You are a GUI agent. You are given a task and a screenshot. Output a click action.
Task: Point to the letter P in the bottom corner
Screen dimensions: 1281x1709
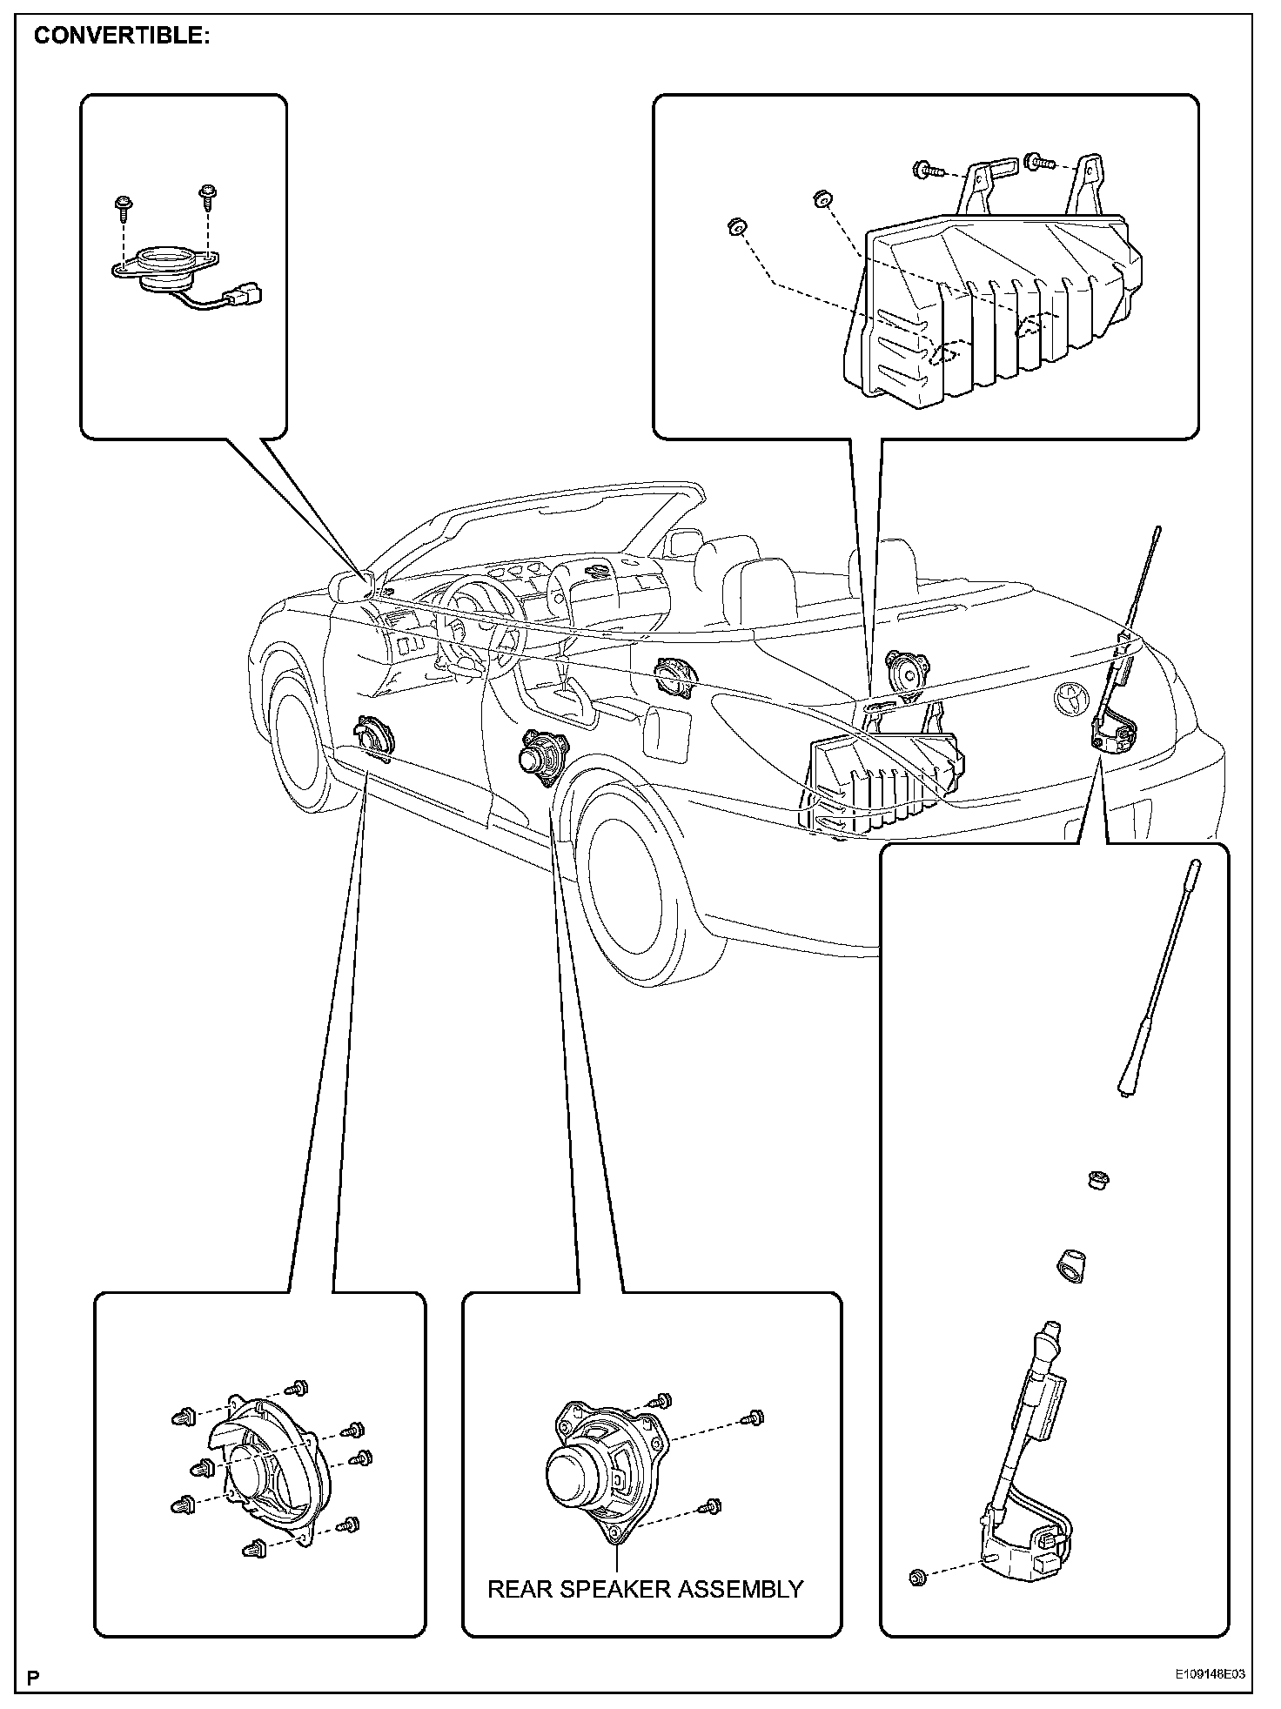(33, 1677)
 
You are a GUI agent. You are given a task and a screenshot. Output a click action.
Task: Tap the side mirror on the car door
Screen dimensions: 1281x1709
(352, 584)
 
